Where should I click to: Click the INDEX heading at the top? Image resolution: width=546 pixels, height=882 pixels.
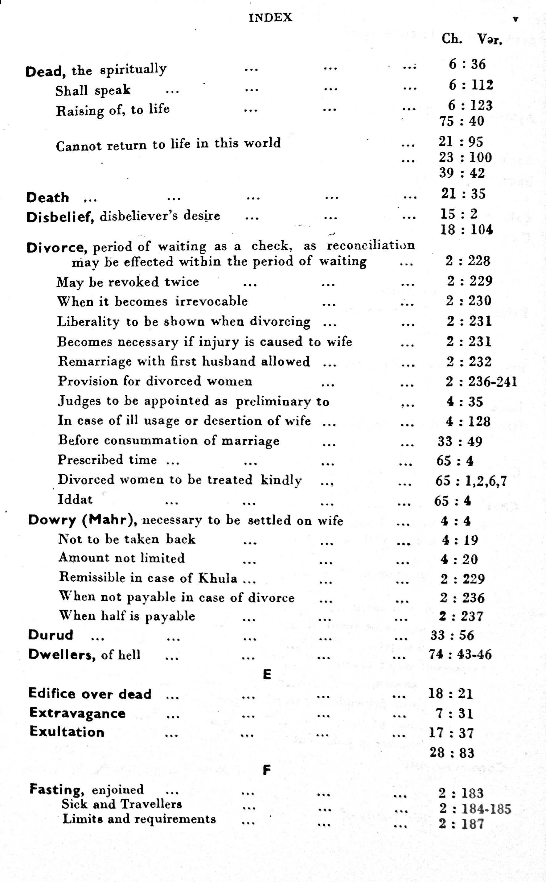pyautogui.click(x=270, y=18)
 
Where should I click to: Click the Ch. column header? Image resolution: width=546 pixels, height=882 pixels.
pyautogui.click(x=451, y=39)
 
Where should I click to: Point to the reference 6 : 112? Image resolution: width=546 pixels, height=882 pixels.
pyautogui.click(x=471, y=85)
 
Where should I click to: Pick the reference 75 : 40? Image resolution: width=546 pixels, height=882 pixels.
pyautogui.click(x=462, y=121)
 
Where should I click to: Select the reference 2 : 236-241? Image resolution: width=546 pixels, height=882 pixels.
pyautogui.click(x=481, y=381)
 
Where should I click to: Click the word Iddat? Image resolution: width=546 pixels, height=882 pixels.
pyautogui.click(x=75, y=499)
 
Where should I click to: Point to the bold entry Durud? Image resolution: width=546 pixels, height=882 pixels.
pyautogui.click(x=51, y=635)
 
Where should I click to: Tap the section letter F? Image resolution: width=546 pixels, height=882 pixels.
pyautogui.click(x=266, y=770)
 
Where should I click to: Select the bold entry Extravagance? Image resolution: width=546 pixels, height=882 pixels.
pyautogui.click(x=77, y=713)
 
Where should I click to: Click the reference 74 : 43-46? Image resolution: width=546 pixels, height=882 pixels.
pyautogui.click(x=460, y=654)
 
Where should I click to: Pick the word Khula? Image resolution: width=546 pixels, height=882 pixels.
pyautogui.click(x=218, y=578)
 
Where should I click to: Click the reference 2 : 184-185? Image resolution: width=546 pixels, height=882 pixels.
pyautogui.click(x=475, y=809)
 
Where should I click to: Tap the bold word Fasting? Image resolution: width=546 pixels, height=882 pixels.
pyautogui.click(x=57, y=789)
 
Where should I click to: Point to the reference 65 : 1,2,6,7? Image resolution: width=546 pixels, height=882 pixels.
pyautogui.click(x=471, y=481)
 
